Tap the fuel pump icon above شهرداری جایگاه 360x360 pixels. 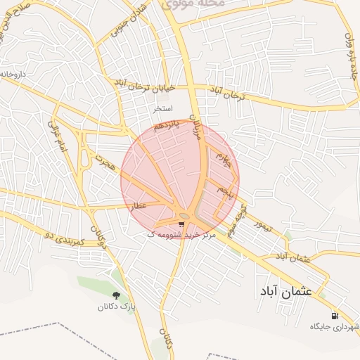(x=334, y=315)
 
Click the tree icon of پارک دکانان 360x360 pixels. (x=116, y=295)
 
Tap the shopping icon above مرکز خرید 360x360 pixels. (x=182, y=224)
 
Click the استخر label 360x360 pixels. (x=163, y=110)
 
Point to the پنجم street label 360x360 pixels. (x=224, y=191)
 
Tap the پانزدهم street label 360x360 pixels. (x=168, y=129)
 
